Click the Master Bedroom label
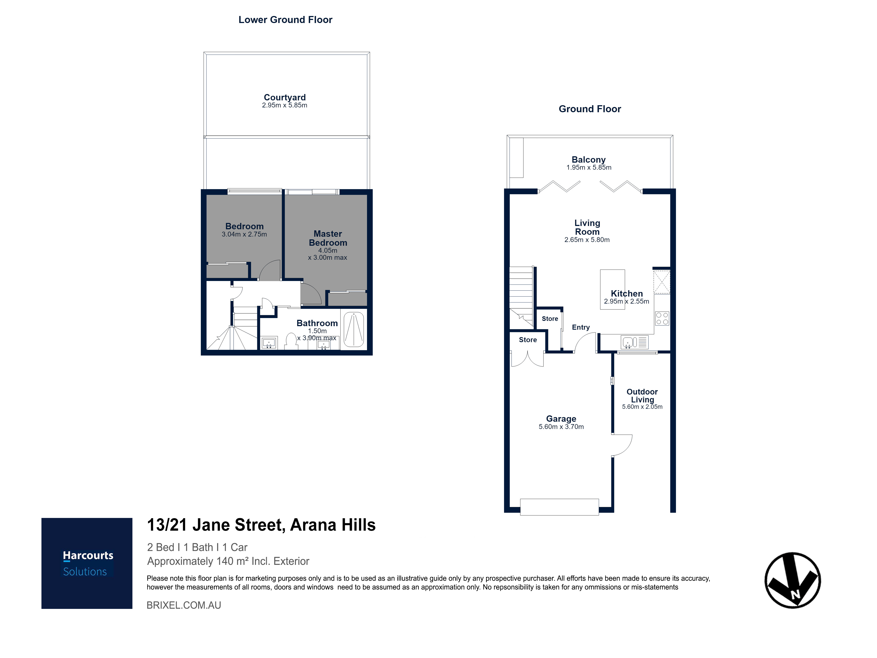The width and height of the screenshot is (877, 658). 328,238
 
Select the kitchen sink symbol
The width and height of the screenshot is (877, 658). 634,342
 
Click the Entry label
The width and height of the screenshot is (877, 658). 581,327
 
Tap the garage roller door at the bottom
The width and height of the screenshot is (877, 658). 560,507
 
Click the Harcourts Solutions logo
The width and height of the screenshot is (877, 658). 87,563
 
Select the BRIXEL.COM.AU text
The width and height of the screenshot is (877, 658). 184,605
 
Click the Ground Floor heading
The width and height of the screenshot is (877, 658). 590,109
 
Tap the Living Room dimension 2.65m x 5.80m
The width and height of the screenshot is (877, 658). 587,240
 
